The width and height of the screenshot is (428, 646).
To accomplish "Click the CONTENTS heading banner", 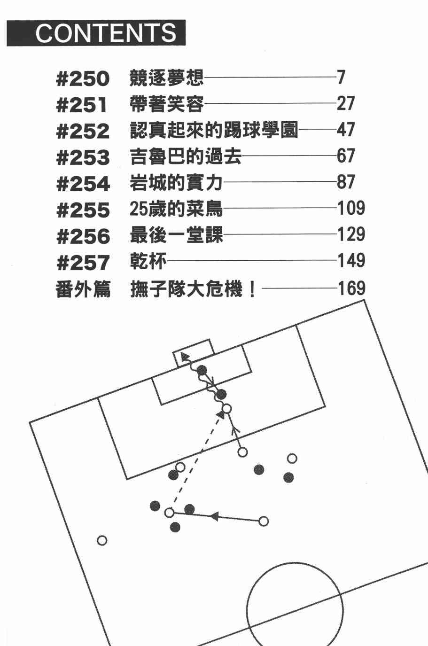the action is click(x=96, y=33).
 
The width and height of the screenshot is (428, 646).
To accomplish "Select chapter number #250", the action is click(x=83, y=78).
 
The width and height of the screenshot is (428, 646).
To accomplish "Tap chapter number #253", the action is click(x=83, y=157).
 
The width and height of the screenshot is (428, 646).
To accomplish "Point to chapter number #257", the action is click(x=83, y=263).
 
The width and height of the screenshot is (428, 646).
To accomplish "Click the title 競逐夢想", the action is click(x=166, y=78).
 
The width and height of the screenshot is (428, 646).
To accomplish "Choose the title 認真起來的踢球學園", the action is click(x=214, y=130).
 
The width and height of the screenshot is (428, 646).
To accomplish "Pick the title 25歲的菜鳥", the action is click(x=176, y=209).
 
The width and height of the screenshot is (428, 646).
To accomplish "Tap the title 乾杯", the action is click(x=148, y=261).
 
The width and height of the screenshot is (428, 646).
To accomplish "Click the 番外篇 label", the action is click(x=83, y=289).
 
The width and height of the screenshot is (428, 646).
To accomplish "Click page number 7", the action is click(x=341, y=78).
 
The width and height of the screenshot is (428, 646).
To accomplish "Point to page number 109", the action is click(x=351, y=208).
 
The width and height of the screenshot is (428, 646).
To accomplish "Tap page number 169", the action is click(x=351, y=288).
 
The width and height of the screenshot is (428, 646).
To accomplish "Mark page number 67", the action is click(x=345, y=156).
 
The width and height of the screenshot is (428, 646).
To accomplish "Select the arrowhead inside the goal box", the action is click(x=185, y=358).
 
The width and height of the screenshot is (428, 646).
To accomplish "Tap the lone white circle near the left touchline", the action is click(x=102, y=540).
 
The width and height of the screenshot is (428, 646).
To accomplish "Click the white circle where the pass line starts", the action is click(x=263, y=521).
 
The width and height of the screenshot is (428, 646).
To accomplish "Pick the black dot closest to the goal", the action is click(x=202, y=370).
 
